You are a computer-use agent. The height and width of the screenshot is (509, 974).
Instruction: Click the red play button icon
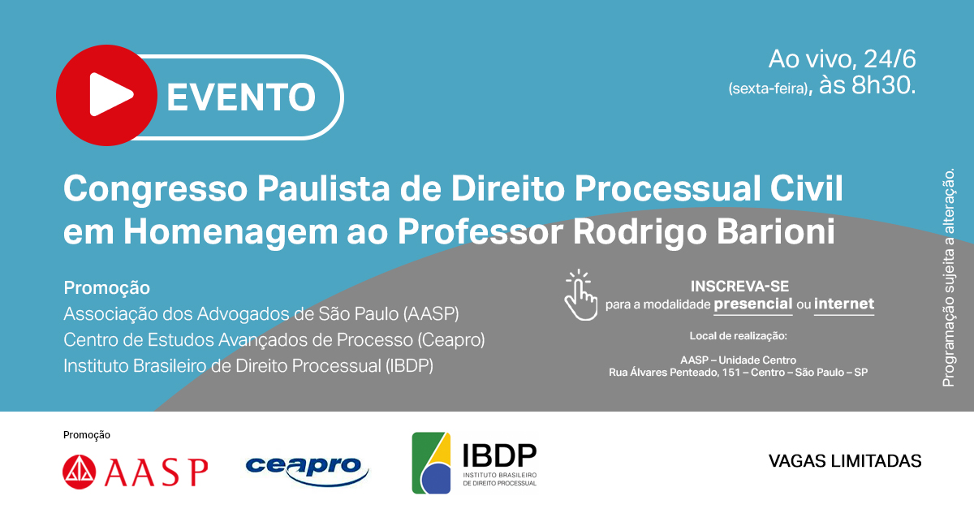106,95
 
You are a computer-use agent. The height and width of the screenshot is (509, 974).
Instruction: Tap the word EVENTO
241,97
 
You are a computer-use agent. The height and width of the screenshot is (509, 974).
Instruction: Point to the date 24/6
890,59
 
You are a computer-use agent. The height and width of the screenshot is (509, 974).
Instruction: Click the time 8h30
884,84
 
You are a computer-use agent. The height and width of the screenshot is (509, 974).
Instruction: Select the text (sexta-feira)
769,88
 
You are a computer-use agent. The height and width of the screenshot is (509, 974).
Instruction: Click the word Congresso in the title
155,189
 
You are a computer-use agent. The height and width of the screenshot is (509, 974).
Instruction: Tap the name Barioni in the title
775,231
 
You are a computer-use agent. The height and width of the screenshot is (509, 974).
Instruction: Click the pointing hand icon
580,295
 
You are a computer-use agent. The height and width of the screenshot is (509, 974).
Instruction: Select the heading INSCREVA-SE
739,287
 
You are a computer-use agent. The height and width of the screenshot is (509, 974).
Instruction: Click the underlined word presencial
753,304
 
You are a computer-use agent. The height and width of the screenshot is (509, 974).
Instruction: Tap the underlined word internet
844,304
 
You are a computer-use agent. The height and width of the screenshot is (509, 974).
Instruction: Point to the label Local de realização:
739,336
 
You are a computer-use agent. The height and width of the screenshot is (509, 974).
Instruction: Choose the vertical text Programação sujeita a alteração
948,278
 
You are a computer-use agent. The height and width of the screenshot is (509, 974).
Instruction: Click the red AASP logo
136,472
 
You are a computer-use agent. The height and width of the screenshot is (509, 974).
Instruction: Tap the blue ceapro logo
307,471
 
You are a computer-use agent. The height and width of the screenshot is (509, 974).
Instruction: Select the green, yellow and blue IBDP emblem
431,463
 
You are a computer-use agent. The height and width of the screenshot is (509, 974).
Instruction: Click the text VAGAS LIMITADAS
845,461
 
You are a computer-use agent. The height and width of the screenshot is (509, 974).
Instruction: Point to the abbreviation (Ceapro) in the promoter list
451,340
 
